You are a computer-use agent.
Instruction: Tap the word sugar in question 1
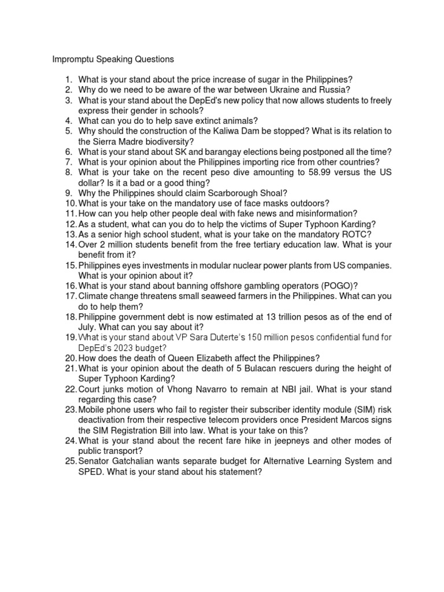click(x=251, y=79)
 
